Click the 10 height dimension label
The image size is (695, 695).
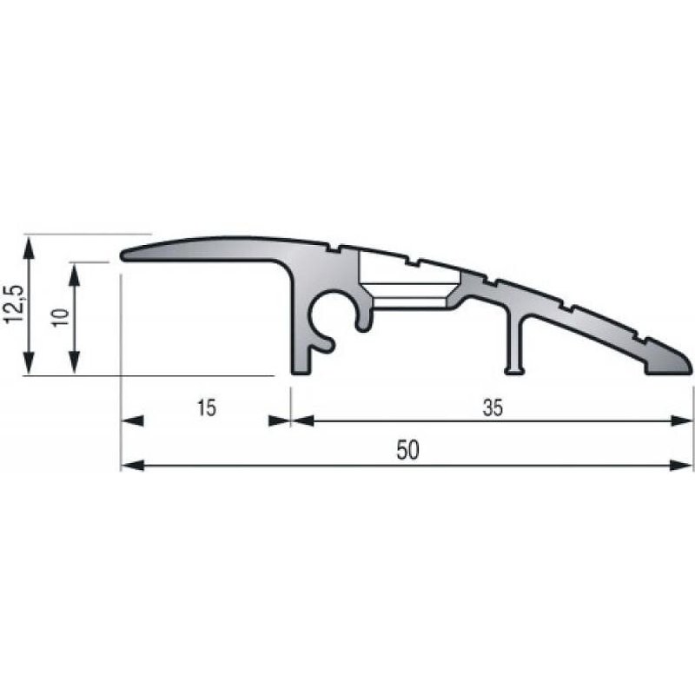(x=59, y=318)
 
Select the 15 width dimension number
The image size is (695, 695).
(x=205, y=407)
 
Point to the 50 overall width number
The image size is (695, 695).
(x=407, y=451)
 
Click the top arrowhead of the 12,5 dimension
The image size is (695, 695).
(x=30, y=246)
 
